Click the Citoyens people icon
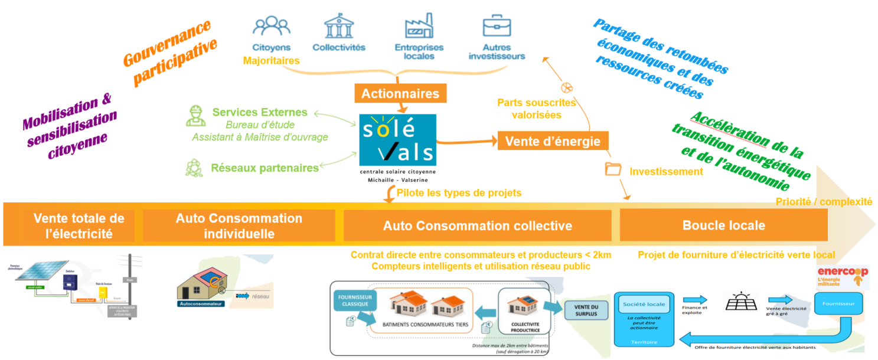[x=271, y=27]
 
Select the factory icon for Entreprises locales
[x=419, y=27]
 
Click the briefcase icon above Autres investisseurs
[x=497, y=27]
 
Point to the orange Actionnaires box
[x=400, y=93]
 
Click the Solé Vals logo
[x=397, y=140]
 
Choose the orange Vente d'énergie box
[x=553, y=141]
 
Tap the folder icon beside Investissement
[x=613, y=169]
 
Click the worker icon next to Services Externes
[x=195, y=116]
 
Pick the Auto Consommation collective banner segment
[x=477, y=225]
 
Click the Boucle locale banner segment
[x=723, y=225]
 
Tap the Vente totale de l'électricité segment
[x=79, y=225]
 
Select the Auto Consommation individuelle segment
[x=239, y=225]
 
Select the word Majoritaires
[x=271, y=60]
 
